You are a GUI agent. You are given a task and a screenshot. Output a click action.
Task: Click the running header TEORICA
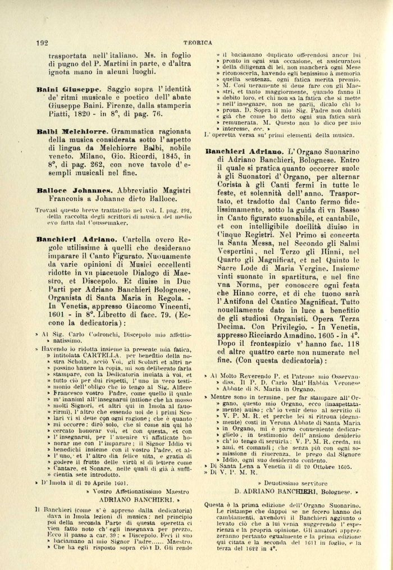coord(199,42)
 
